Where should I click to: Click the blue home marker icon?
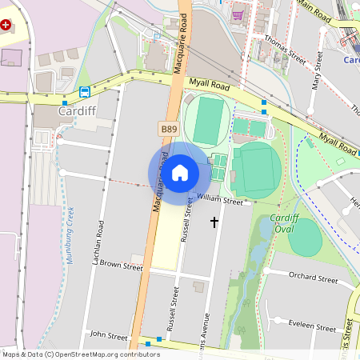point(180,172)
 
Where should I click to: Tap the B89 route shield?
point(169,128)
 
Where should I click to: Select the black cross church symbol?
point(214,220)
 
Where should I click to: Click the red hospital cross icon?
point(7,26)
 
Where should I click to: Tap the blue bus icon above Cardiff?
point(84,92)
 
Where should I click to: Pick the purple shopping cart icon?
point(237,14)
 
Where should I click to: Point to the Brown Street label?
point(121,264)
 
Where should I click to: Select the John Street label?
point(109,335)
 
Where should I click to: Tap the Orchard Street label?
point(313,279)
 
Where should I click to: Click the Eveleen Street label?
point(313,327)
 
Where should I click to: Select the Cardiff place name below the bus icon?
point(77,111)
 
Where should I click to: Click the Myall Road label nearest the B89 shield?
point(209,82)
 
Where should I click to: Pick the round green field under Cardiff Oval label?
point(305,238)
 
